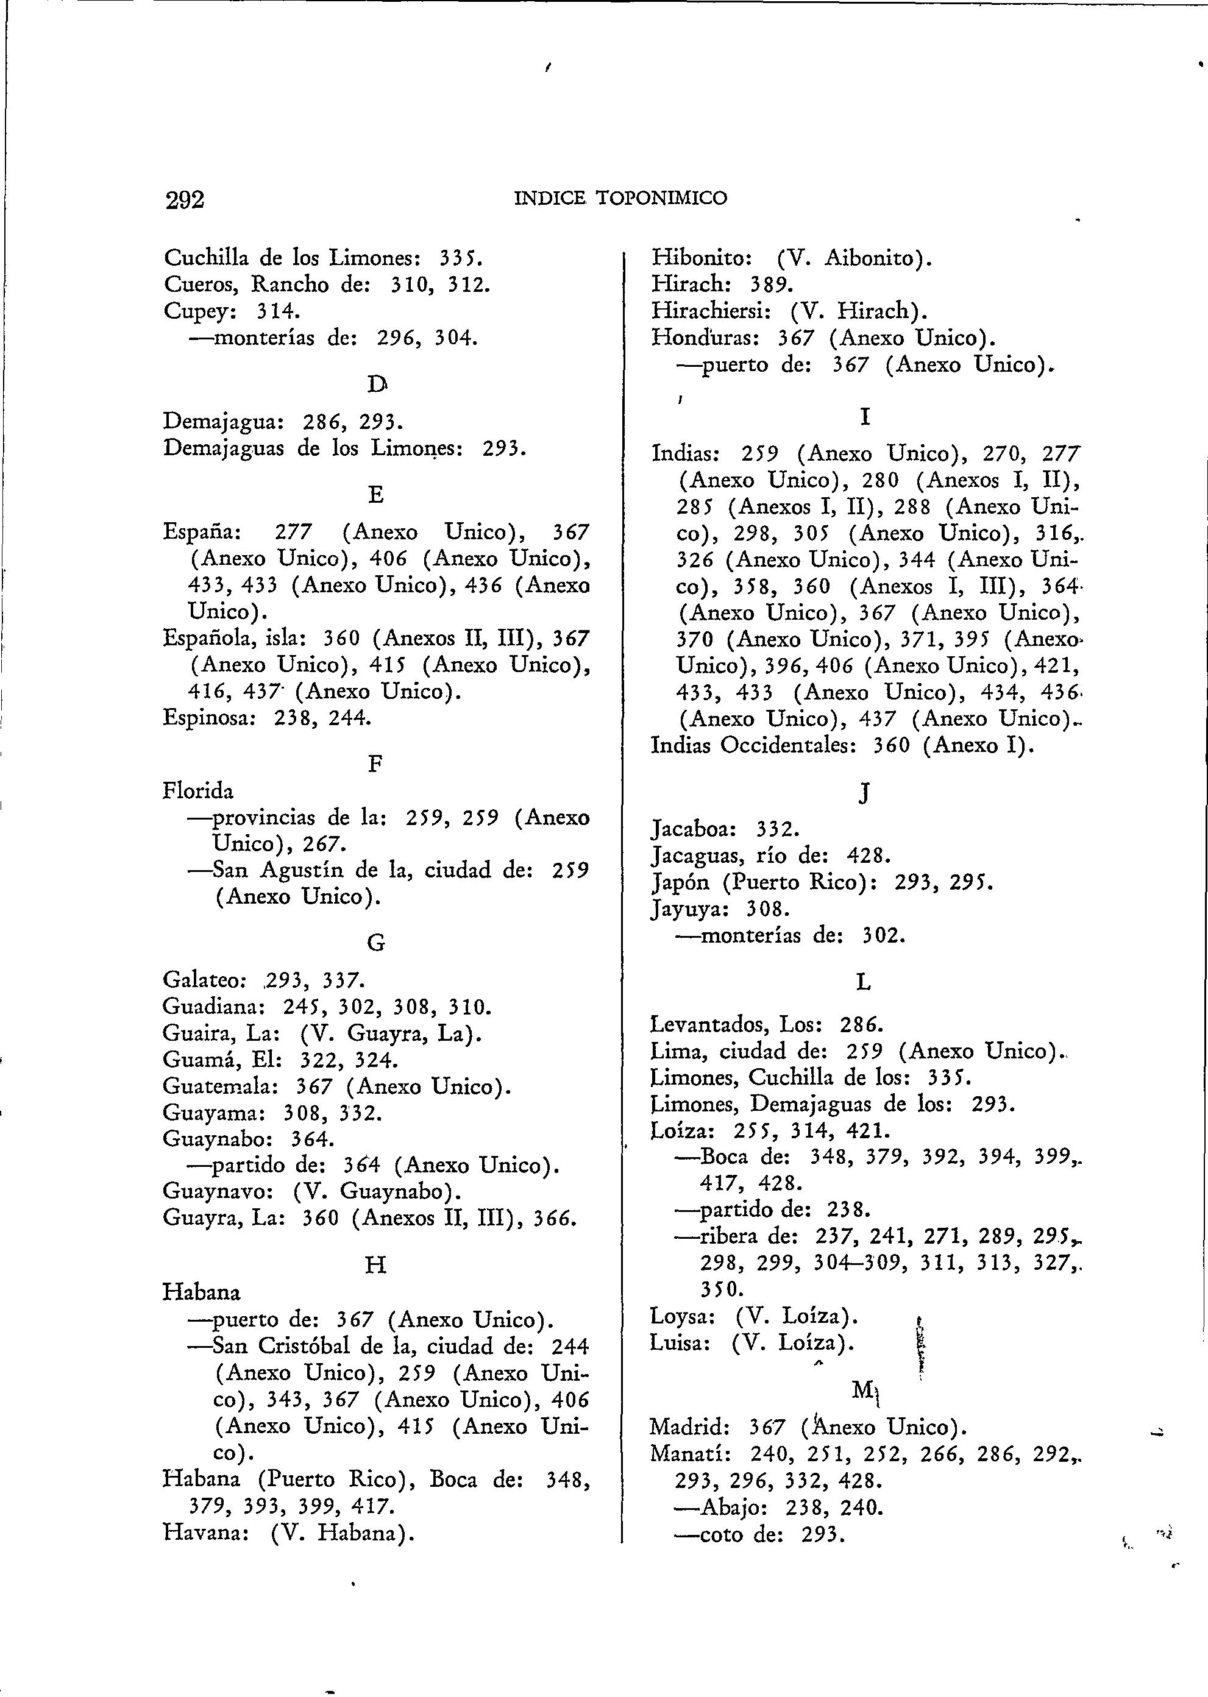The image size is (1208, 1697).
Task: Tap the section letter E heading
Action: (x=377, y=495)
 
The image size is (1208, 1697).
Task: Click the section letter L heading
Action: (x=863, y=983)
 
